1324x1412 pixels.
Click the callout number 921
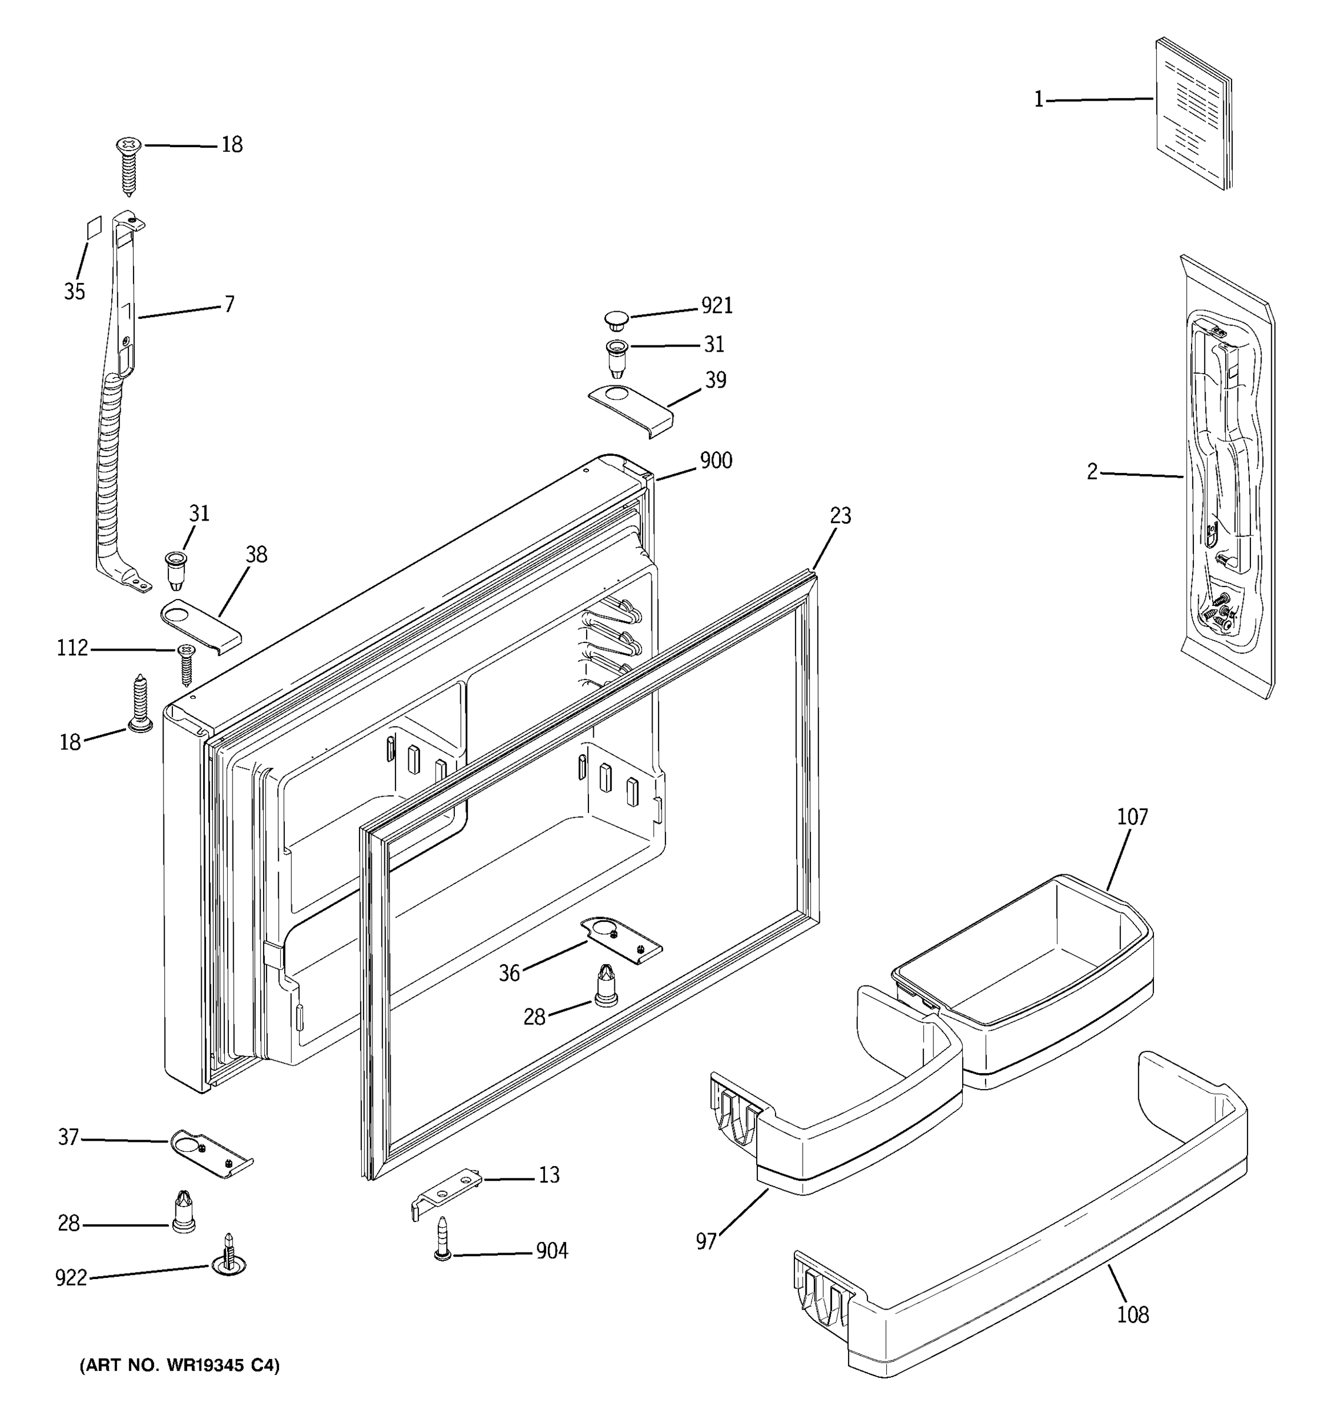coord(716,305)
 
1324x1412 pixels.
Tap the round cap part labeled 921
coord(617,320)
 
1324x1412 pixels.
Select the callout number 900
coord(716,461)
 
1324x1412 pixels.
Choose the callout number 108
coord(1132,1315)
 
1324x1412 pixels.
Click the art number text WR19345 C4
coord(179,1365)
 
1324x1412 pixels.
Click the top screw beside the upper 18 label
coord(128,165)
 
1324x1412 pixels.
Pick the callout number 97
coord(706,1241)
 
